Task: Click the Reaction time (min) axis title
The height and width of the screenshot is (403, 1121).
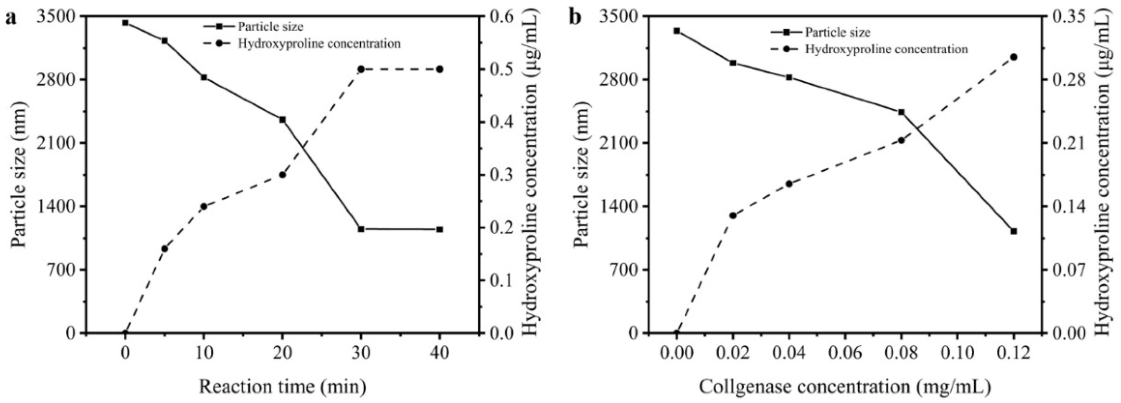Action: point(282,386)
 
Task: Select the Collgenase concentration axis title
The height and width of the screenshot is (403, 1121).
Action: point(845,386)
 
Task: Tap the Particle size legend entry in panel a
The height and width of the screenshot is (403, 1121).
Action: point(270,27)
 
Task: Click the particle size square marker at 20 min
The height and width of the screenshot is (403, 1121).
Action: point(282,120)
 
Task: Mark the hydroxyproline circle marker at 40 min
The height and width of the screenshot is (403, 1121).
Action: point(439,69)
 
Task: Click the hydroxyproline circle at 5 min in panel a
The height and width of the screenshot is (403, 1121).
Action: point(164,248)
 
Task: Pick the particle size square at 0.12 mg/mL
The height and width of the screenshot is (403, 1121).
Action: point(1014,231)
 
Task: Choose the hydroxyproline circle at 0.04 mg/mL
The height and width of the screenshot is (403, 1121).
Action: point(789,183)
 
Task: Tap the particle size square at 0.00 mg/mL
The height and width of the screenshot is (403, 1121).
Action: point(676,31)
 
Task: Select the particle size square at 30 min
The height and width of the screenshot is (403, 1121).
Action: point(361,229)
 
